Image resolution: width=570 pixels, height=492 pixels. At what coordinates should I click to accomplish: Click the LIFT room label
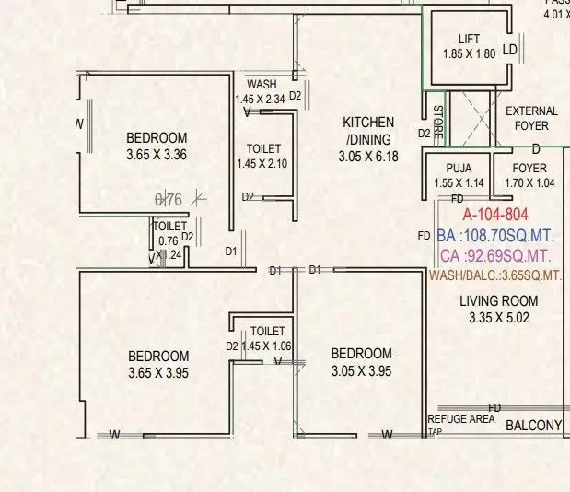tap(469, 39)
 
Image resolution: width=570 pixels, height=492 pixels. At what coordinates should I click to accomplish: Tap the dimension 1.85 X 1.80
tap(469, 53)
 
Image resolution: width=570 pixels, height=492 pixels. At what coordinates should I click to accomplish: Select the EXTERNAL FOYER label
tap(531, 118)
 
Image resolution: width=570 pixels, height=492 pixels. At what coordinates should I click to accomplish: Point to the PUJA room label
tap(459, 168)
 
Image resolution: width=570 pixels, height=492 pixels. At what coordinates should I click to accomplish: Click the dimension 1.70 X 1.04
tap(529, 182)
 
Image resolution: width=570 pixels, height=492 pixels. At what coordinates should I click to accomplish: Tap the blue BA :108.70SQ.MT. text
tap(495, 235)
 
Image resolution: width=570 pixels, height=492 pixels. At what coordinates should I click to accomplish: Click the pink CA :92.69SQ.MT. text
tap(495, 255)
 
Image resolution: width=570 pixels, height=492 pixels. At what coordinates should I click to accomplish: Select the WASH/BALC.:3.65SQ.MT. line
tap(495, 275)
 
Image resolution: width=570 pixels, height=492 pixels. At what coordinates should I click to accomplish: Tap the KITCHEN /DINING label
tap(368, 130)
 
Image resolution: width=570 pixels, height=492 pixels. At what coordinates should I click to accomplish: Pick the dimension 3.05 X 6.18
tap(368, 156)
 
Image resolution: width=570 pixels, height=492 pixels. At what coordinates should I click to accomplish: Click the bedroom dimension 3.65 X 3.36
tap(157, 155)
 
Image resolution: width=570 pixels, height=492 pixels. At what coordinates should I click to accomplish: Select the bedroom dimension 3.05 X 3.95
tap(361, 371)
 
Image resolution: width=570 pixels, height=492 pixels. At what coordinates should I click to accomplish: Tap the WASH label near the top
tap(262, 85)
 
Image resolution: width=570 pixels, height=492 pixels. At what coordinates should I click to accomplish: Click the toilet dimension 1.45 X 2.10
tap(263, 163)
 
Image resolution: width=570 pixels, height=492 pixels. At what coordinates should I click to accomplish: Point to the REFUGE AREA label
tap(460, 419)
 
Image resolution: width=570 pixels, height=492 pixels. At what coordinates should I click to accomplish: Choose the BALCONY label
tap(533, 425)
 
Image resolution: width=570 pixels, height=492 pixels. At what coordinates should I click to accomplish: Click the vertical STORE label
tap(438, 122)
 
